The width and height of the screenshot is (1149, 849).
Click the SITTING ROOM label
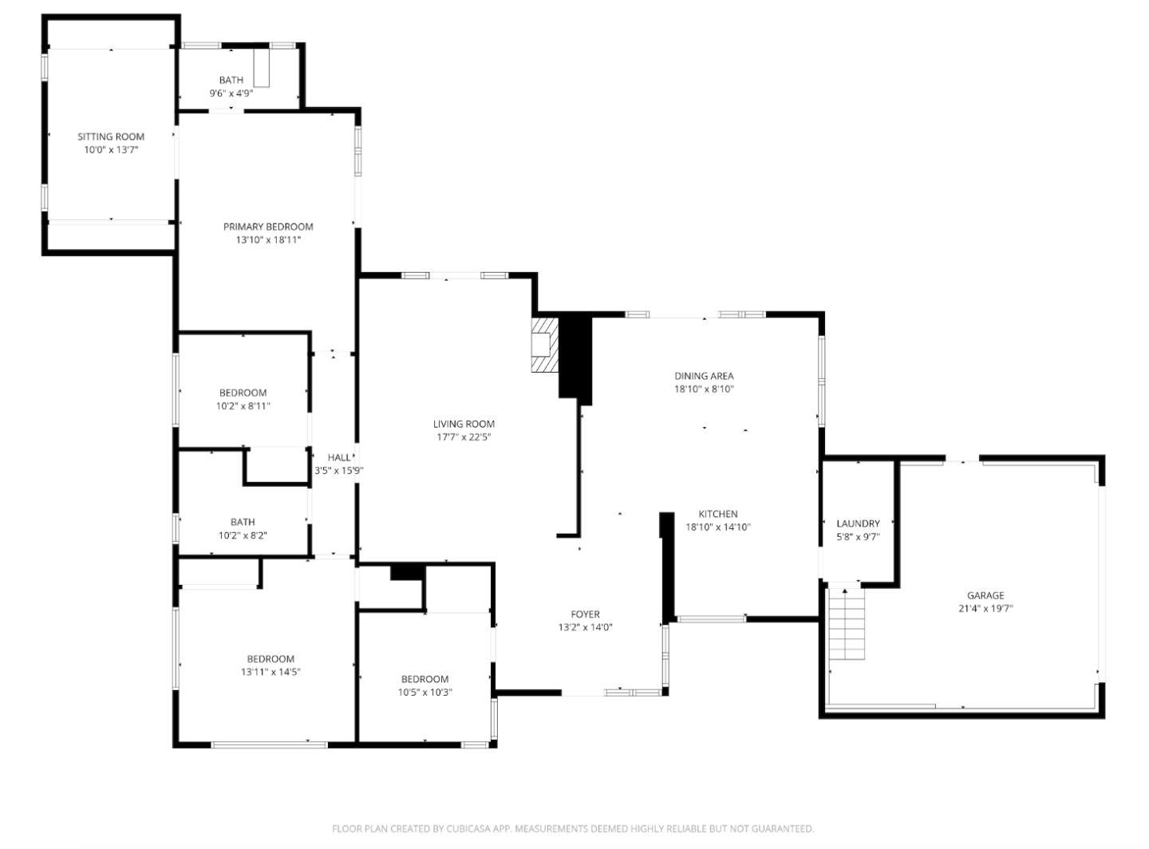pos(111,136)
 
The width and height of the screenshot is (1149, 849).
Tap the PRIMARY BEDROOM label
pos(268,227)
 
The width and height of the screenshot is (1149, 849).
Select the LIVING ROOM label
pos(464,424)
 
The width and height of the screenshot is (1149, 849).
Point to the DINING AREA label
pos(704,376)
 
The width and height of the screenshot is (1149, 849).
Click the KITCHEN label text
pos(718,514)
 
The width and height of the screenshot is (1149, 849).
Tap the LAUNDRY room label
pos(858,523)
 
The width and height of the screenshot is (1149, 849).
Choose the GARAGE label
pos(985,595)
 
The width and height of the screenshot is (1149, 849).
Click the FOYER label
pos(585,614)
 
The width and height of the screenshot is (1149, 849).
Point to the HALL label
pos(339,457)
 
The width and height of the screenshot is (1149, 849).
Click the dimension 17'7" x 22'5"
pos(464,437)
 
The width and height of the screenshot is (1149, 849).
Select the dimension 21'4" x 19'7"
pos(985,609)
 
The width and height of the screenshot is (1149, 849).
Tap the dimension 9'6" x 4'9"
pos(231,93)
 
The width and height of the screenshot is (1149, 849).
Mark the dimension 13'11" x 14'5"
pos(270,672)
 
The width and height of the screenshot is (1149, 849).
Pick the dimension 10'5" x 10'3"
pos(424,693)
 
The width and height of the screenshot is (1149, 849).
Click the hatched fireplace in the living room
pos(544,345)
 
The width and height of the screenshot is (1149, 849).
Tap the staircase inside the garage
pos(847,624)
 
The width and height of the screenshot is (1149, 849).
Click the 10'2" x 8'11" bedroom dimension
pos(243,406)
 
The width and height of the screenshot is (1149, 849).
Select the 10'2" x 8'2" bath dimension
pos(243,535)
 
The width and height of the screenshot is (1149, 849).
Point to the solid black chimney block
pos(574,356)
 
